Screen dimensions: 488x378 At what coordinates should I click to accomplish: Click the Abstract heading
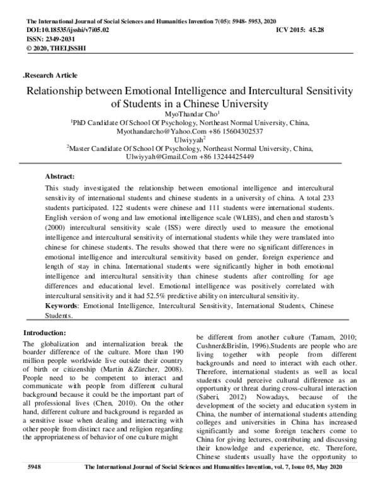tap(60, 177)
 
